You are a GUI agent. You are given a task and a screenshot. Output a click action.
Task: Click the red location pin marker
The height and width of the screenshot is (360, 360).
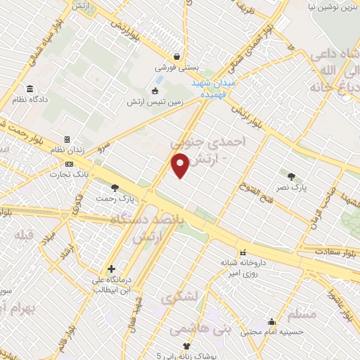pyautogui.click(x=181, y=166)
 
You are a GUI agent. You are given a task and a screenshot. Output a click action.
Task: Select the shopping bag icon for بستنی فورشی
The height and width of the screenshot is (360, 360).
pyautogui.click(x=179, y=57)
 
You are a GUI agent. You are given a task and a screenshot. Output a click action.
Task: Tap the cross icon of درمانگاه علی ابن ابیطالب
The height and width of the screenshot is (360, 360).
pyautogui.click(x=111, y=269)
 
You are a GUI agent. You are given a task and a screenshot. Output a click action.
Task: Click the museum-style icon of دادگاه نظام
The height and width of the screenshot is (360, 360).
pyautogui.click(x=30, y=89)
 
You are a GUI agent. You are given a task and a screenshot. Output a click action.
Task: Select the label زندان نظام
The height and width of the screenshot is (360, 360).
pyautogui.click(x=82, y=150)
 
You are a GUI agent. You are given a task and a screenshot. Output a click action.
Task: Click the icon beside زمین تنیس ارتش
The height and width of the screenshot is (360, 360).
pyautogui.click(x=155, y=90)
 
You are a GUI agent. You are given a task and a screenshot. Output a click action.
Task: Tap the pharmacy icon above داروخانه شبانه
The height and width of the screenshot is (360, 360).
pyautogui.click(x=243, y=252)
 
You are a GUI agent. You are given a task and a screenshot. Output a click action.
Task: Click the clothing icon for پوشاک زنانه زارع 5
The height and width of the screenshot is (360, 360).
pyautogui.click(x=186, y=345)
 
